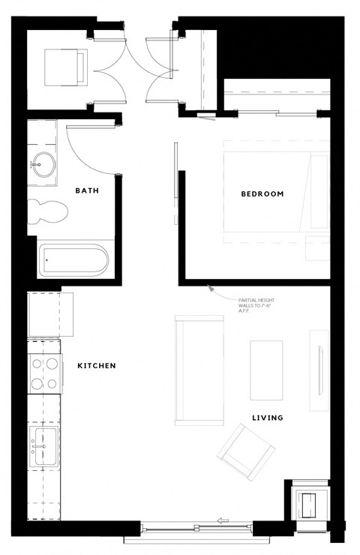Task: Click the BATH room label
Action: [87, 190]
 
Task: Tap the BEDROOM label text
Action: [262, 194]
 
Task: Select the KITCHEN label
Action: [96, 366]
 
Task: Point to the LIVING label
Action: [266, 418]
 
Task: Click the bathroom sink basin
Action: [43, 163]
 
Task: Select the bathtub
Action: [73, 260]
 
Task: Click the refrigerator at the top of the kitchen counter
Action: [51, 315]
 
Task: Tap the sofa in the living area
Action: [199, 369]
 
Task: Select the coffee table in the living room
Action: [266, 369]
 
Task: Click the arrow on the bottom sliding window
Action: [223, 520]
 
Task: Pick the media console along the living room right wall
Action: [319, 369]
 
